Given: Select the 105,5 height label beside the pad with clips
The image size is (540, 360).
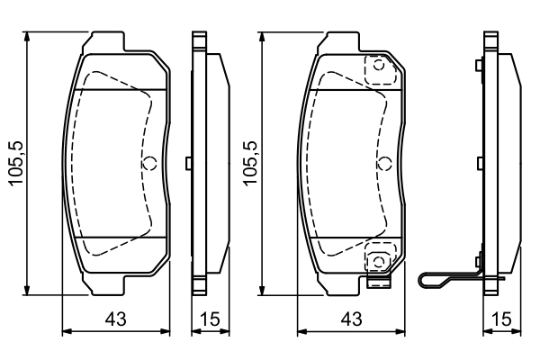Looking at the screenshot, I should (252, 163).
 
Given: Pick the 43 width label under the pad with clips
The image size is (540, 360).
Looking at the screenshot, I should (354, 318).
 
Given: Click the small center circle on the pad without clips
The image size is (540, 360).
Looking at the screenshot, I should (150, 163).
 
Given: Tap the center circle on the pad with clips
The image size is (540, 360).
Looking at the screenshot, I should (384, 163).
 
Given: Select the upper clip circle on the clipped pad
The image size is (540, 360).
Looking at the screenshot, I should (379, 65).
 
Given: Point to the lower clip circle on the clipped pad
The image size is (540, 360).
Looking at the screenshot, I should (379, 261).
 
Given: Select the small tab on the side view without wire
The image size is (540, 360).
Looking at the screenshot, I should (187, 163).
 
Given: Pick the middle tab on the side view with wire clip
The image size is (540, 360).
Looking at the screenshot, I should (481, 163).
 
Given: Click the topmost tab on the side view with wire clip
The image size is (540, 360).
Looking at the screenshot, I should (481, 64).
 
